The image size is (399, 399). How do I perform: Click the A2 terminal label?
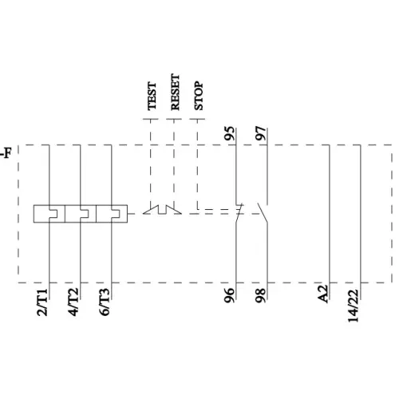323,294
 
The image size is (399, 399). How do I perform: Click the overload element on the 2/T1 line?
49,213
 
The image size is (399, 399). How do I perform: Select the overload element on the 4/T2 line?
80,213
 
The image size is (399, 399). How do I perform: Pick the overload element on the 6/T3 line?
111,213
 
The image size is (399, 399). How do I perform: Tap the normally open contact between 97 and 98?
263,212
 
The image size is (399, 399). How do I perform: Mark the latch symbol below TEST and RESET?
163,211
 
